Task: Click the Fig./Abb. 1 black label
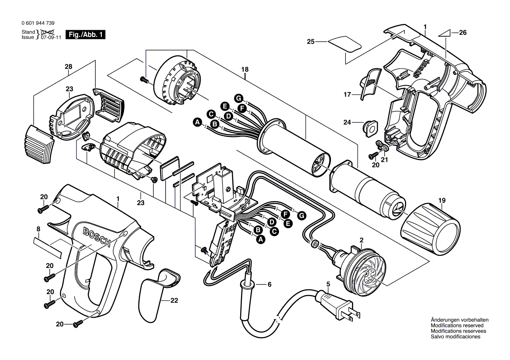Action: (x=85, y=34)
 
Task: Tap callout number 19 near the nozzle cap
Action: (x=442, y=201)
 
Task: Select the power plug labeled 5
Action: (x=338, y=305)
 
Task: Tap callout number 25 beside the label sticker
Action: (x=310, y=42)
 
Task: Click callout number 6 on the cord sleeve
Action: (x=269, y=285)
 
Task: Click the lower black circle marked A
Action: (x=261, y=239)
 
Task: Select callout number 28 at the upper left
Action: (x=68, y=66)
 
